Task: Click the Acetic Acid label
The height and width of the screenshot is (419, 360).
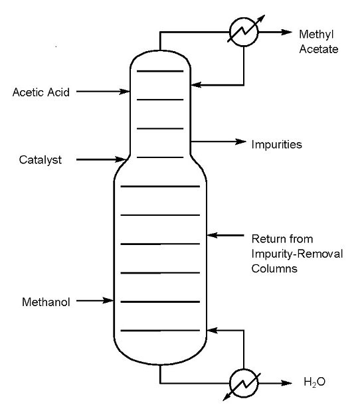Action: tap(41, 92)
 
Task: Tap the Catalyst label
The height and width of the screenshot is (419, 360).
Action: tap(39, 160)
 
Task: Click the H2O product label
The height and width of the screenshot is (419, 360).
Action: tap(315, 383)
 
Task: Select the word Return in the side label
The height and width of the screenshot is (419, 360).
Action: tap(266, 238)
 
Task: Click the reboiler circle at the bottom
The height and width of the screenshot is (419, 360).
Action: tap(242, 382)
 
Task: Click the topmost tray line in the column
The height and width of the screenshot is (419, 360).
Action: tap(159, 70)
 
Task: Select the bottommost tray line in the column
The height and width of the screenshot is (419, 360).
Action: tap(159, 330)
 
